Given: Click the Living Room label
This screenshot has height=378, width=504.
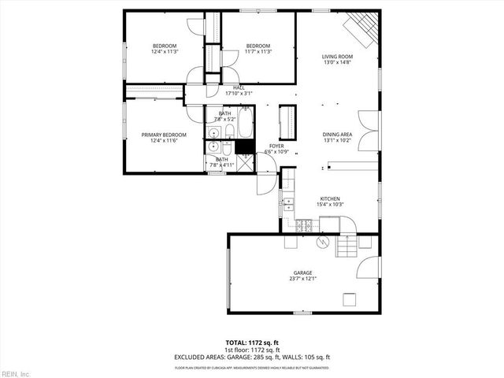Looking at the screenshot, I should pos(337,60).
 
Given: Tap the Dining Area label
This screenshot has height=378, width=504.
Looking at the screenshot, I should pos(337,138).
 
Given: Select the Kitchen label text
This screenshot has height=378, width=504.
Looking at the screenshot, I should pos(329,202).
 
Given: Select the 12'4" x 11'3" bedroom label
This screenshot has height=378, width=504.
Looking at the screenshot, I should pos(165,49).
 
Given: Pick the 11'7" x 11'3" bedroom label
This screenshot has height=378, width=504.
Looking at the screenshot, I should pos(258,49).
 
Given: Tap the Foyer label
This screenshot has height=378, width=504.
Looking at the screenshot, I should pos(276,148).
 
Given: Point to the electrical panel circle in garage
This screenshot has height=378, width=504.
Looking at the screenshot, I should pos(321,242).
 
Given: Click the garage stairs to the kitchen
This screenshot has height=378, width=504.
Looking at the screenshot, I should pos(346,246).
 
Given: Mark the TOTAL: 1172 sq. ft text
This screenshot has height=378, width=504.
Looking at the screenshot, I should pos(252,343).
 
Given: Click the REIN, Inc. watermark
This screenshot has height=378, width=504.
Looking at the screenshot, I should pos(15,373).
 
